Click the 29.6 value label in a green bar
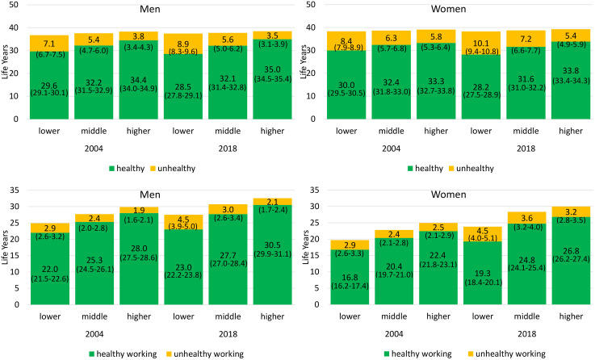click(49, 86)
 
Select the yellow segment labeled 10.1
click(481, 43)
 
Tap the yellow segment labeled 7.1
click(49, 44)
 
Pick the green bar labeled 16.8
click(350, 277)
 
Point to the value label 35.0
click(272, 69)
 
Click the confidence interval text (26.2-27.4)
click(571, 259)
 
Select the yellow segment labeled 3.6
click(526, 218)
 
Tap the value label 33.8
click(571, 71)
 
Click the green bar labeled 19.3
click(482, 273)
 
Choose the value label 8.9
click(183, 44)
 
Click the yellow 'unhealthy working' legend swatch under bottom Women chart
click(471, 354)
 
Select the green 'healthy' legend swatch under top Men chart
click(112, 169)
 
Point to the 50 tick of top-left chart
click(13, 5)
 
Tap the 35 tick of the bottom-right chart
click(315, 190)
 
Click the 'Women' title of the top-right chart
click(448, 9)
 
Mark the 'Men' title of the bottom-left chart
click(150, 195)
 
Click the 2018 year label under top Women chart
click(526, 149)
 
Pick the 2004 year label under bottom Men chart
click(94, 334)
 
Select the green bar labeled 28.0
click(139, 259)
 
